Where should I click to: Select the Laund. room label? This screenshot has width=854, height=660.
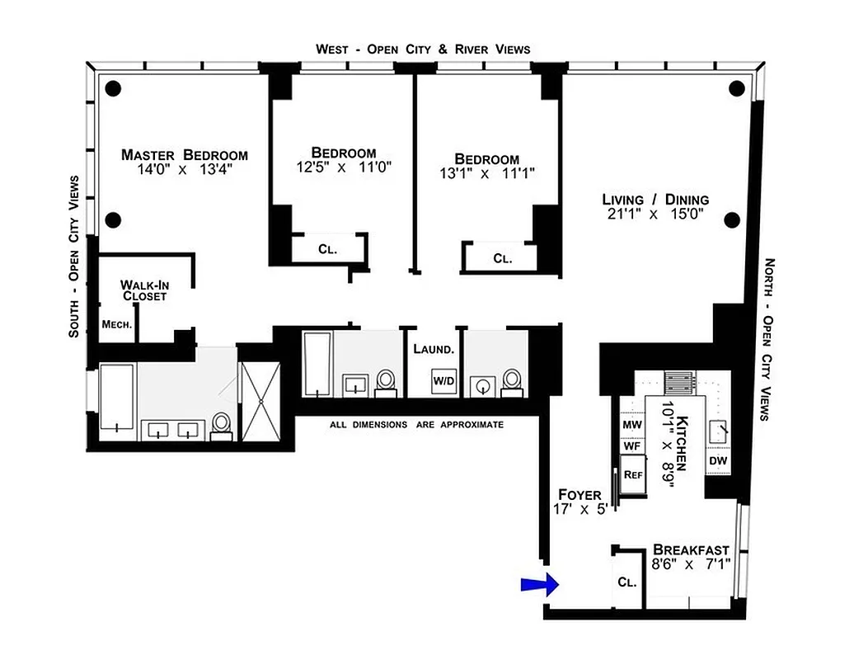pos(434,349)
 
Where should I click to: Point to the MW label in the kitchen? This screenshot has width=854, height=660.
pos(631,425)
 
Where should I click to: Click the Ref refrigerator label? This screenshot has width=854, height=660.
pos(632,474)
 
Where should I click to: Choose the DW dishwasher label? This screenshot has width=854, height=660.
pos(718,460)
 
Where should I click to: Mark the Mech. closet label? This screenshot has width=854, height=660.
pos(117,324)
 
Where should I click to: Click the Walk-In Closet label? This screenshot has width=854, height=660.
pos(144,290)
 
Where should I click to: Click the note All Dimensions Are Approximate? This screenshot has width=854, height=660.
pos(416,424)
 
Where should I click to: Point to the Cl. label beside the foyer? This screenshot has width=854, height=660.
pos(626,582)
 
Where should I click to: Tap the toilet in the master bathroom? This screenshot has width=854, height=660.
pos(221,424)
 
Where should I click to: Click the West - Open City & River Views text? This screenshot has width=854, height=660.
pos(423,49)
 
